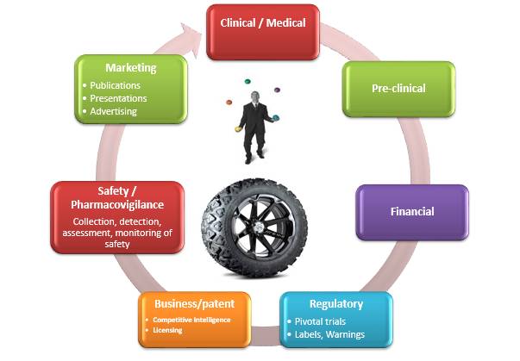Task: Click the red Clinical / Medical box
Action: coord(263,23)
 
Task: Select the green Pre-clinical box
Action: coord(398,88)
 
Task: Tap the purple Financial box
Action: coord(411,211)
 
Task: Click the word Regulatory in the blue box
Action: coord(335,304)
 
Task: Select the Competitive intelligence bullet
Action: coord(192,320)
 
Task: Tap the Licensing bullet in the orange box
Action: coord(167,330)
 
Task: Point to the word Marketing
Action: coord(129,67)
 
